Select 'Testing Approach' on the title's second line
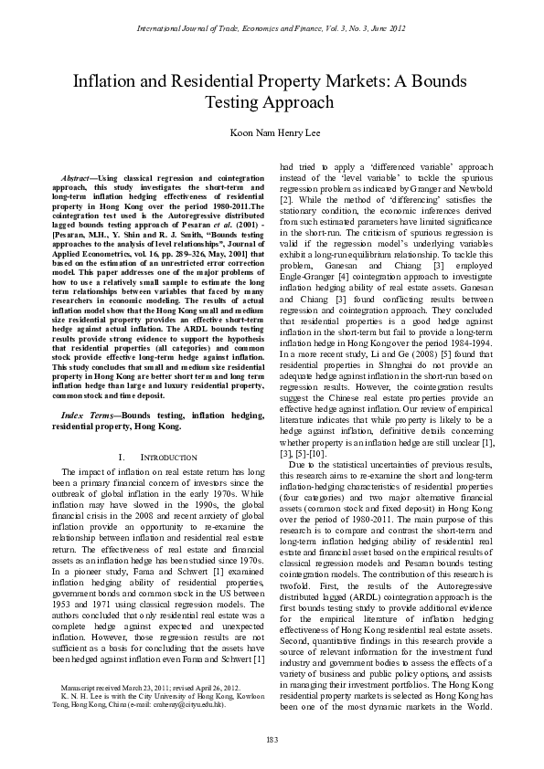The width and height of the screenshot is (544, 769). (272, 103)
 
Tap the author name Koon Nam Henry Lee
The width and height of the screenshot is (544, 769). (272, 134)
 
